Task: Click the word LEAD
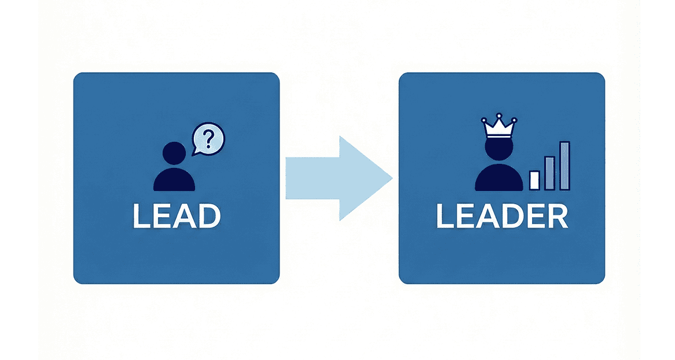pyautogui.click(x=177, y=215)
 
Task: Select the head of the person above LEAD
pyautogui.click(x=174, y=153)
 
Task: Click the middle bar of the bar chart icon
pyautogui.click(x=549, y=173)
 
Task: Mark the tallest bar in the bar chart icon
pyautogui.click(x=564, y=166)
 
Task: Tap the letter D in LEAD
pyautogui.click(x=209, y=215)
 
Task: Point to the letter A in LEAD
pyautogui.click(x=184, y=215)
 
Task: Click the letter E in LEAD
pyautogui.click(x=161, y=215)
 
